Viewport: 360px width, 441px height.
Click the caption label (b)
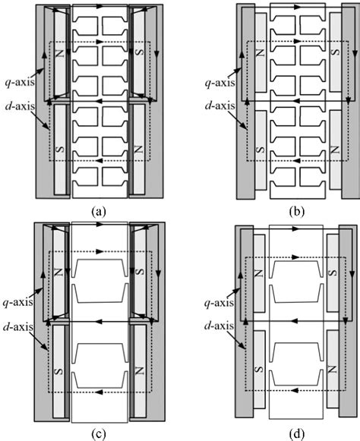297,211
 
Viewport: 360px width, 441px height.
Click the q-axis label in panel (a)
20,82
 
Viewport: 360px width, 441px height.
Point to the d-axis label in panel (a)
20,106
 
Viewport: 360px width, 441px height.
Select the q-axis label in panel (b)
219,83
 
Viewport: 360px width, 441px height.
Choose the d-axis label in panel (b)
219,106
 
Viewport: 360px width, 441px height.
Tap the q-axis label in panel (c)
17,303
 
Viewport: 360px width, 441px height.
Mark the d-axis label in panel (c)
17,327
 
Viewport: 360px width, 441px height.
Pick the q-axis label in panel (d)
219,303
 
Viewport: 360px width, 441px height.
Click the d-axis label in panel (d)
219,326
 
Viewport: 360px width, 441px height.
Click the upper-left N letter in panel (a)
60,53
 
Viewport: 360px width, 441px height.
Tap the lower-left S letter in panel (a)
60,150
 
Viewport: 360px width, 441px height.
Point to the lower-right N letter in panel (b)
336,149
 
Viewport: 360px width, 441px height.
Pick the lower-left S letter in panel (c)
58,371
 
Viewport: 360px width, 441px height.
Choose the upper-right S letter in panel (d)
333,272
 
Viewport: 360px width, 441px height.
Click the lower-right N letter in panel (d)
333,369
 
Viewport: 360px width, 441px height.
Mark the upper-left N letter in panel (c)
58,272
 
